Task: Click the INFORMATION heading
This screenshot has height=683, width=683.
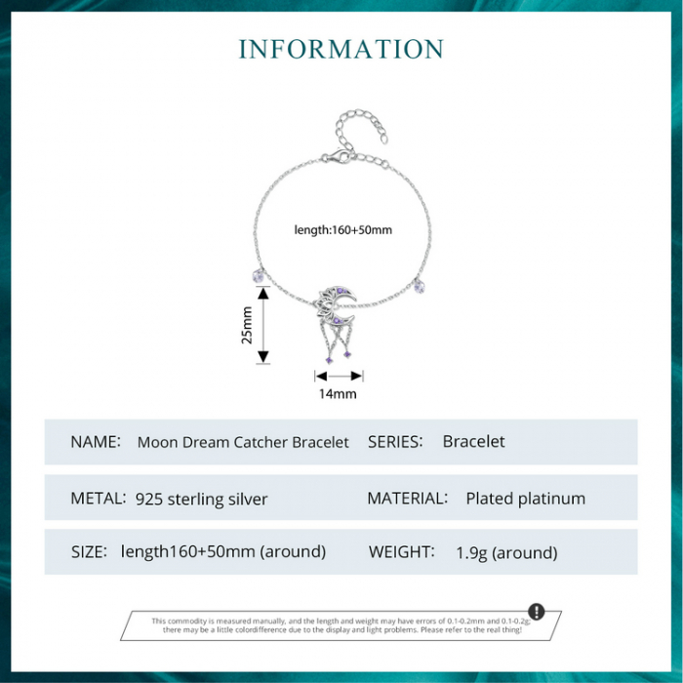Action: (x=341, y=49)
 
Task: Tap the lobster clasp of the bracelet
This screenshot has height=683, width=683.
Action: (x=337, y=157)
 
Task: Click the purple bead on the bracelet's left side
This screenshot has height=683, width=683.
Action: (x=259, y=276)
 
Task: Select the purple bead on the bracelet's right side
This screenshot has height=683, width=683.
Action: (x=419, y=286)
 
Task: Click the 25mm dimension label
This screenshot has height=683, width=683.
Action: (x=247, y=325)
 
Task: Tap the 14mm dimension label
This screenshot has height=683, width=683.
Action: (x=338, y=394)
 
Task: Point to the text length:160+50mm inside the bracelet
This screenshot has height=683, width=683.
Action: (x=343, y=229)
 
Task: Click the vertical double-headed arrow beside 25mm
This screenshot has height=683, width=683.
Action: (x=262, y=325)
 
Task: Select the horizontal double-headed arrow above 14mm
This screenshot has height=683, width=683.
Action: (x=339, y=376)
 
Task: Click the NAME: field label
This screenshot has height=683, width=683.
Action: (x=96, y=442)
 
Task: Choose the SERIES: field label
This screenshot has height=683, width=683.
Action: (x=395, y=442)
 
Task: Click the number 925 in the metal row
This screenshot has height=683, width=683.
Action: (x=148, y=499)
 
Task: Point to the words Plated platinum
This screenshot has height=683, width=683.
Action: (x=526, y=499)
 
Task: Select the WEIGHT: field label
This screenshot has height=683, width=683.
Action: (x=402, y=552)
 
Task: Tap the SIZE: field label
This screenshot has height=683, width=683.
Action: (x=89, y=552)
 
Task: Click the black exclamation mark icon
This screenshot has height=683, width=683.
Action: (x=537, y=611)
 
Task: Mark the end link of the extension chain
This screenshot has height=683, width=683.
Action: (x=383, y=139)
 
